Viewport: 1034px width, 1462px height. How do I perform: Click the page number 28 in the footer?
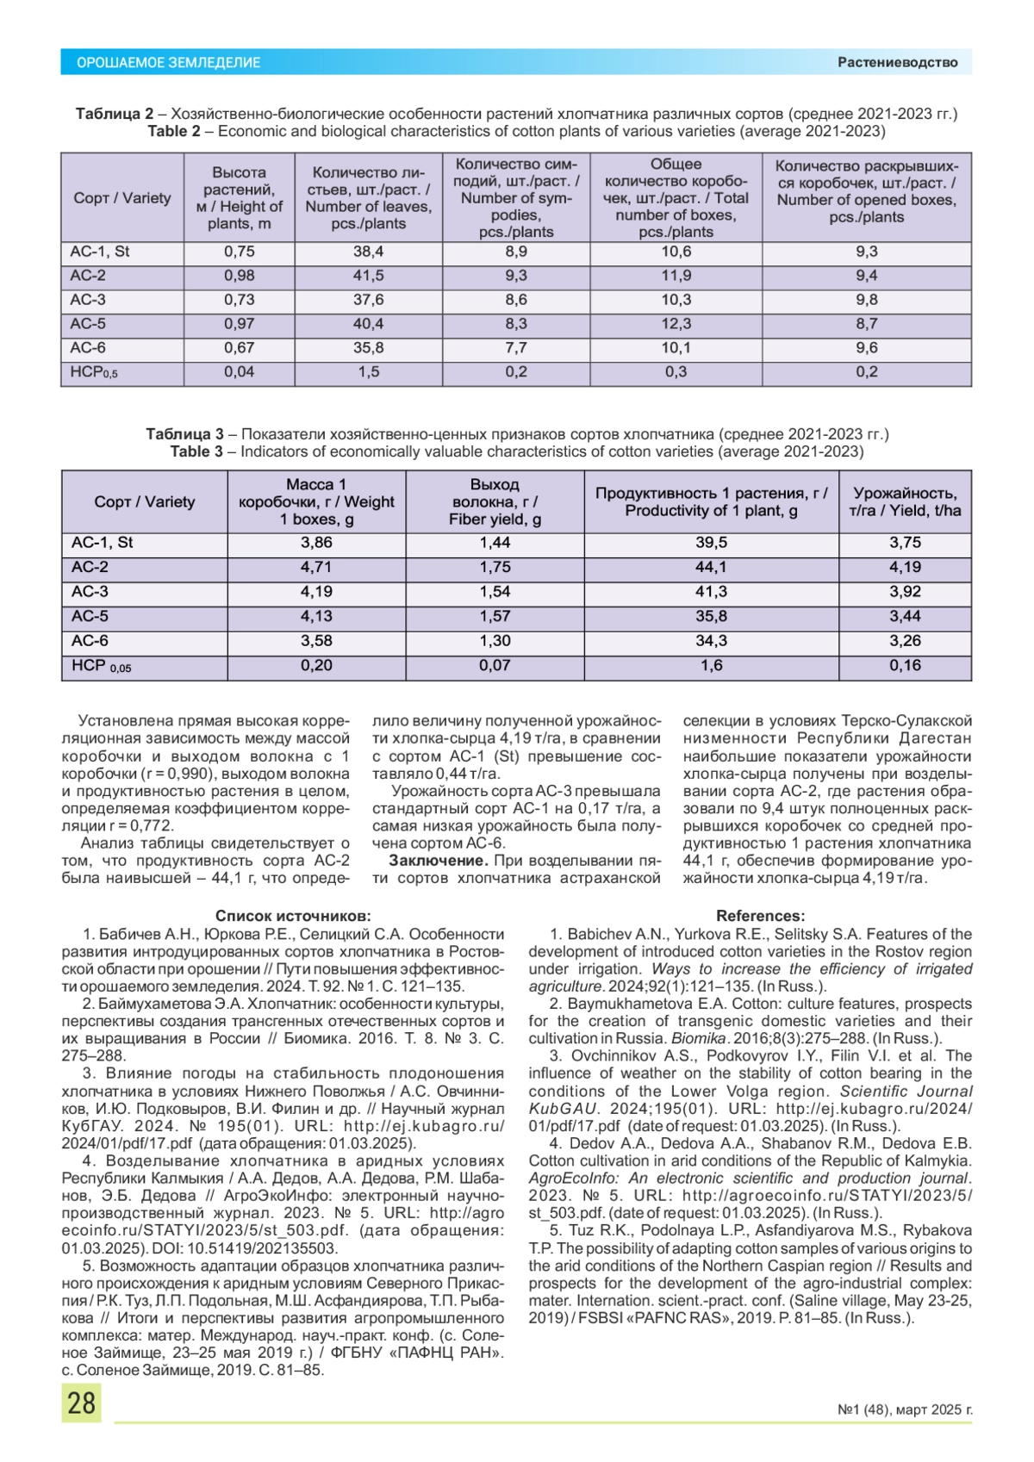(81, 1403)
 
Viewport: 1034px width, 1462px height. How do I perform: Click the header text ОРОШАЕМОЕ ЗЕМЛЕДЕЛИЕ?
(168, 63)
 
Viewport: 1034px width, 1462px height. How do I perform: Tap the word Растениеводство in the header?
(897, 62)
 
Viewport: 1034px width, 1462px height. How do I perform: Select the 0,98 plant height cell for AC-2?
(239, 276)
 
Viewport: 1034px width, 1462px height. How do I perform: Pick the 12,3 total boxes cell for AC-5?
(676, 324)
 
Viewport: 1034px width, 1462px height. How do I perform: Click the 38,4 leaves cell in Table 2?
(368, 252)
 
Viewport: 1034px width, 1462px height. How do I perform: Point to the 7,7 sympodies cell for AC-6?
(516, 348)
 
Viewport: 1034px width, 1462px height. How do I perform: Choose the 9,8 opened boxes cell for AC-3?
(866, 300)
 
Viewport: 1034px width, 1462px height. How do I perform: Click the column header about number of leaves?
(368, 198)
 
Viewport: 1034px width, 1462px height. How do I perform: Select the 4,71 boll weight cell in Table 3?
(316, 567)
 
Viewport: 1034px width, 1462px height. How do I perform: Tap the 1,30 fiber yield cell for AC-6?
(495, 641)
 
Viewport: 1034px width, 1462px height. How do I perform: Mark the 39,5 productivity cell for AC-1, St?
(711, 543)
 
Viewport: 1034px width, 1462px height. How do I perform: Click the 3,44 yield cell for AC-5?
(905, 616)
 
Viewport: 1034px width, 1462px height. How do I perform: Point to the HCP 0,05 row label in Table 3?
(101, 666)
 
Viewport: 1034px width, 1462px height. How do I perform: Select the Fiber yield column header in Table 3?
(495, 502)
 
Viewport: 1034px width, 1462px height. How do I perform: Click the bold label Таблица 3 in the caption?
(184, 434)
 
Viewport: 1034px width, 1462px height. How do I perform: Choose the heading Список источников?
(293, 916)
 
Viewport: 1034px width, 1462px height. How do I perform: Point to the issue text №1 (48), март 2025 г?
(904, 1409)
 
